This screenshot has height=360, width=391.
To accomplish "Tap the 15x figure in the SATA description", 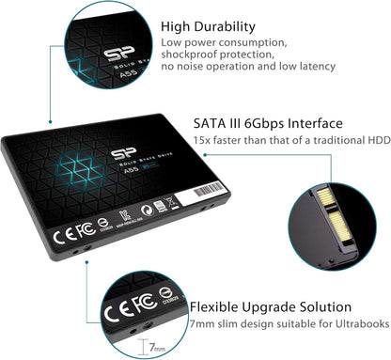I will [x=201, y=142].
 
